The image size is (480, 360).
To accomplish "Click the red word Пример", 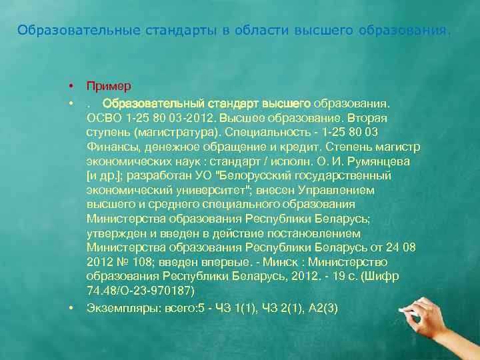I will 109,87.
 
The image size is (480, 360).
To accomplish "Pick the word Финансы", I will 109,146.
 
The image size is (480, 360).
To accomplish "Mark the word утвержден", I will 114,234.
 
